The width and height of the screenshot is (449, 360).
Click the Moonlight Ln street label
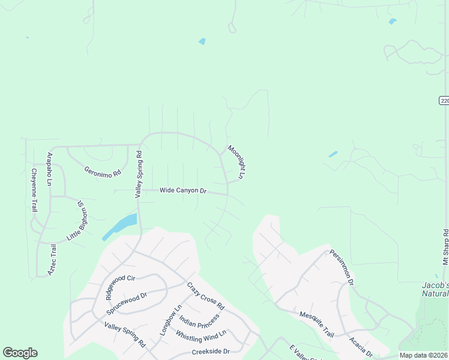236,162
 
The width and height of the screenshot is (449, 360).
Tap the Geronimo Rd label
103,172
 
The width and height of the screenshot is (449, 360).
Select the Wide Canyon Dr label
183,191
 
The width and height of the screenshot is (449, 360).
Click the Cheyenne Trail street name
34,190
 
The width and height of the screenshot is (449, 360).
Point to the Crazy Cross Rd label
205,296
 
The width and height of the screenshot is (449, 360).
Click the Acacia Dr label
361,346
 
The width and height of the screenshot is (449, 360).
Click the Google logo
20,353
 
